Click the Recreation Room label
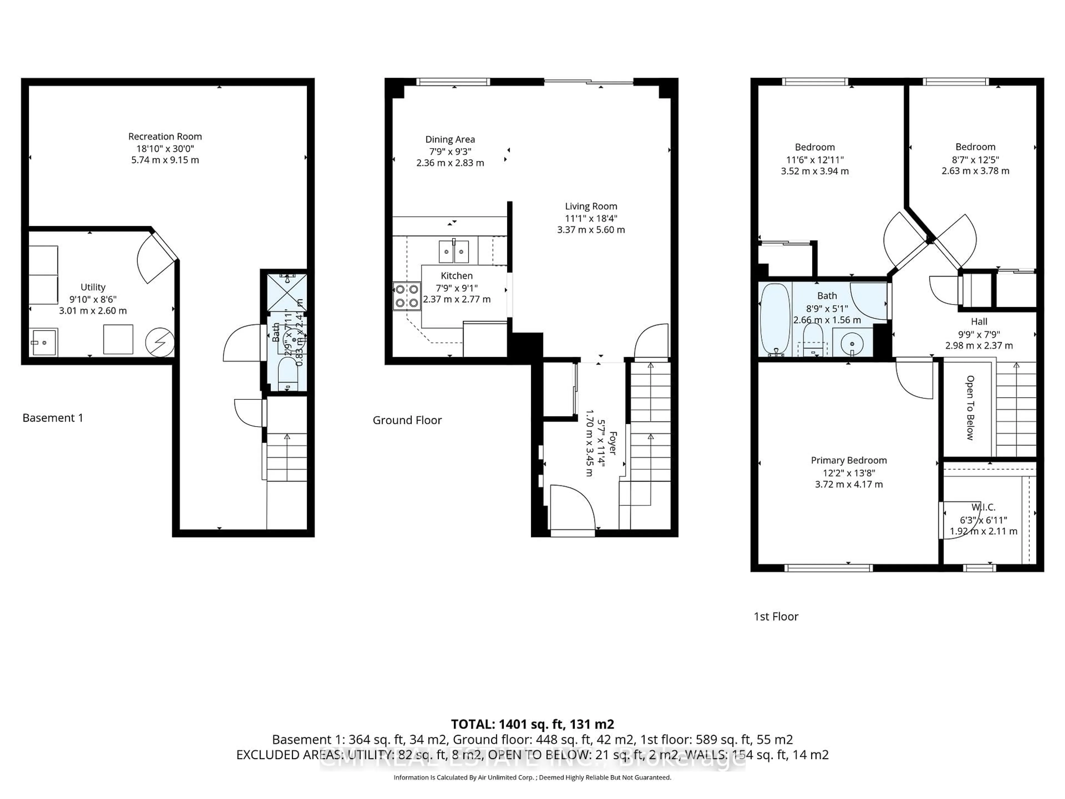pyautogui.click(x=165, y=137)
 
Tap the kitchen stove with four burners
pyautogui.click(x=406, y=296)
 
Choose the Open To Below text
pyautogui.click(x=970, y=408)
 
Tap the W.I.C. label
pyautogui.click(x=983, y=507)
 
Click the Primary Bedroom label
pyautogui.click(x=848, y=461)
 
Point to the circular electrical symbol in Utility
pyautogui.click(x=160, y=342)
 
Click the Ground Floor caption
pyautogui.click(x=407, y=421)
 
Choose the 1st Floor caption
pyautogui.click(x=776, y=616)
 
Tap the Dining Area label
pyautogui.click(x=450, y=140)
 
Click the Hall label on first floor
pyautogui.click(x=979, y=322)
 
